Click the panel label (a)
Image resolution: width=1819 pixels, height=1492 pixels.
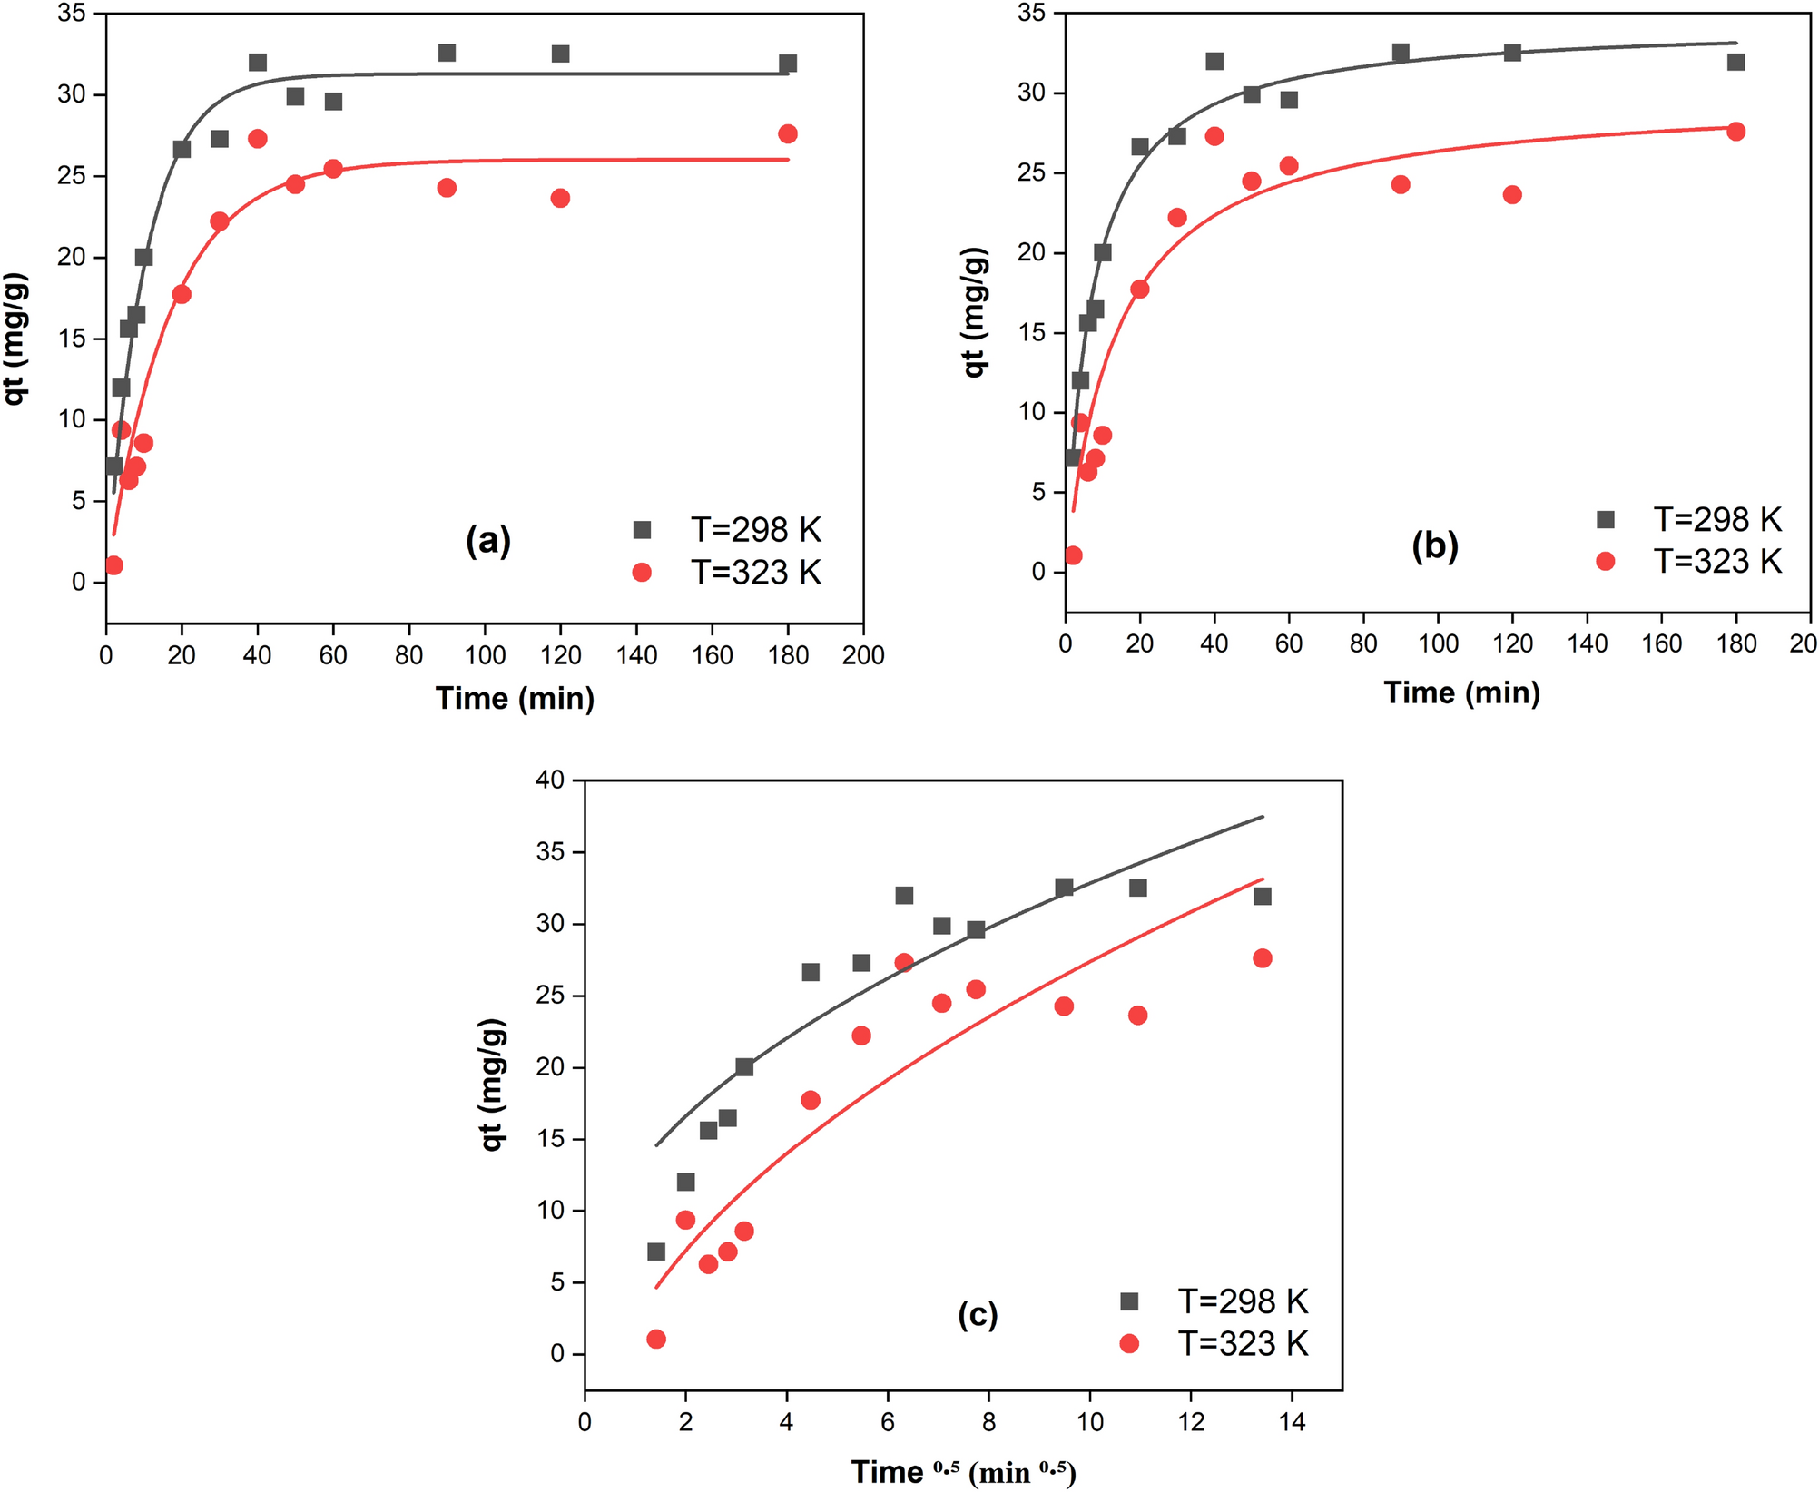coord(488,541)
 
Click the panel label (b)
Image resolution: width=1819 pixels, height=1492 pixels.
coord(1434,545)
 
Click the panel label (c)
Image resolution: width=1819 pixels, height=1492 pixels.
coord(978,1314)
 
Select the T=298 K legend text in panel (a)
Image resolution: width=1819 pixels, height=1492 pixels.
coord(755,530)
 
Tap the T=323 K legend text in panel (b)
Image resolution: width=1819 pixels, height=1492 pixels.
coord(1717,562)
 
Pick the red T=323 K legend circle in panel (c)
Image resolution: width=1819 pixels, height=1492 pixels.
coord(1129,1343)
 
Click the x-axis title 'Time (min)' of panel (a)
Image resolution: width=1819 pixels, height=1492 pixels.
coord(515,698)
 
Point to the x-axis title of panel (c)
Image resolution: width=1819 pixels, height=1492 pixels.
coord(963,1472)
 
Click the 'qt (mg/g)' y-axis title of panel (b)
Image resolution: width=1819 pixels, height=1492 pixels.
coord(975,311)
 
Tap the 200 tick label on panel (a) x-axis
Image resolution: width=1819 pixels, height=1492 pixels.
coord(862,655)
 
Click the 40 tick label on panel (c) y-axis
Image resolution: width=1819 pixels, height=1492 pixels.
coord(549,780)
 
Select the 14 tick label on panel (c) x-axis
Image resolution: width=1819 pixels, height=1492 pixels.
coord(1292,1422)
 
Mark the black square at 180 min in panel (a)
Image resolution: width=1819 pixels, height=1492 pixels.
coord(788,64)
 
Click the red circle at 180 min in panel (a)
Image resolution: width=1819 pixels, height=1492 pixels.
coord(788,134)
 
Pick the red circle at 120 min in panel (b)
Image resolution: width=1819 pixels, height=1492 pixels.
coord(1512,195)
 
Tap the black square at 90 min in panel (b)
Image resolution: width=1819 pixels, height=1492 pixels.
coord(1401,53)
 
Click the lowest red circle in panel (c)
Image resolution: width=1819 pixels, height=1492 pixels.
coord(656,1340)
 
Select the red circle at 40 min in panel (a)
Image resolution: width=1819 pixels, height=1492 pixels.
coord(258,139)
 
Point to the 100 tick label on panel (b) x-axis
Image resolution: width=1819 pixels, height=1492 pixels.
coord(1438,644)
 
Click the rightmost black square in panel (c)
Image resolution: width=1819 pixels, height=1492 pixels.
coord(1262,897)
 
